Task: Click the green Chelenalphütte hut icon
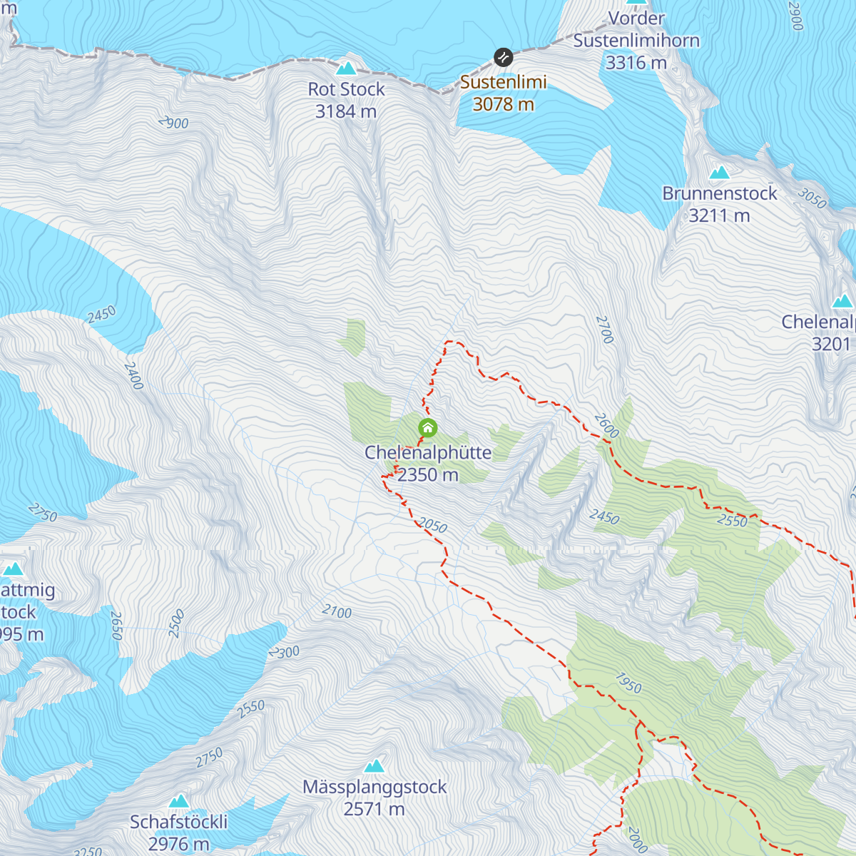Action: (427, 428)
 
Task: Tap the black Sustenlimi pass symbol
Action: (504, 57)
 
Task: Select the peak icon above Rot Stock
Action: (346, 68)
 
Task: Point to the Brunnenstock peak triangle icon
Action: (719, 173)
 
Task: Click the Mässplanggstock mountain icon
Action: (374, 766)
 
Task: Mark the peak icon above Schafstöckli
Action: (178, 801)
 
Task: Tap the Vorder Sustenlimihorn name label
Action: (636, 30)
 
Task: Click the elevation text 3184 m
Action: (346, 111)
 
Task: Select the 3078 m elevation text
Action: (504, 104)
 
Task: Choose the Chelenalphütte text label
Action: (428, 452)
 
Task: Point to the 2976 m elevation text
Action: (178, 844)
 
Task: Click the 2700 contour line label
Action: (604, 330)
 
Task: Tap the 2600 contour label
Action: (606, 426)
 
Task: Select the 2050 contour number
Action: (432, 526)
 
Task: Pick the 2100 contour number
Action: (337, 611)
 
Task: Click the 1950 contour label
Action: (628, 683)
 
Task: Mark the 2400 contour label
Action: (133, 376)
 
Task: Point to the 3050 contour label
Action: (812, 198)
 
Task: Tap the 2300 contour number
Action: (285, 652)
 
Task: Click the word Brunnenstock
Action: (719, 193)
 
